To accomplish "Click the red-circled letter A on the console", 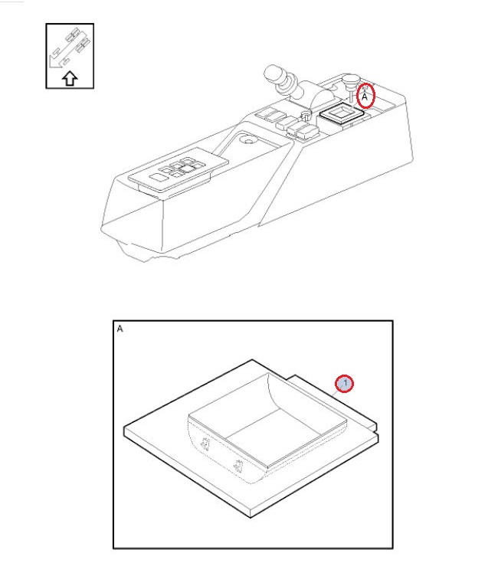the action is click(x=365, y=97).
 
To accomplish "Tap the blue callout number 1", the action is click(x=344, y=384).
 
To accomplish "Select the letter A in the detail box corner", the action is click(x=120, y=329).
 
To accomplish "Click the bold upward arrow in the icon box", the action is click(x=70, y=79).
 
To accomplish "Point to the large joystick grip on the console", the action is click(x=279, y=79).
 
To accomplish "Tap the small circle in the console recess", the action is click(x=247, y=141).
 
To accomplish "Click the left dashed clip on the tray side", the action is click(x=205, y=444).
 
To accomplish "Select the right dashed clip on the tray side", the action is click(x=237, y=466).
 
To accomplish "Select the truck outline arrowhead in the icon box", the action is click(x=54, y=64).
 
